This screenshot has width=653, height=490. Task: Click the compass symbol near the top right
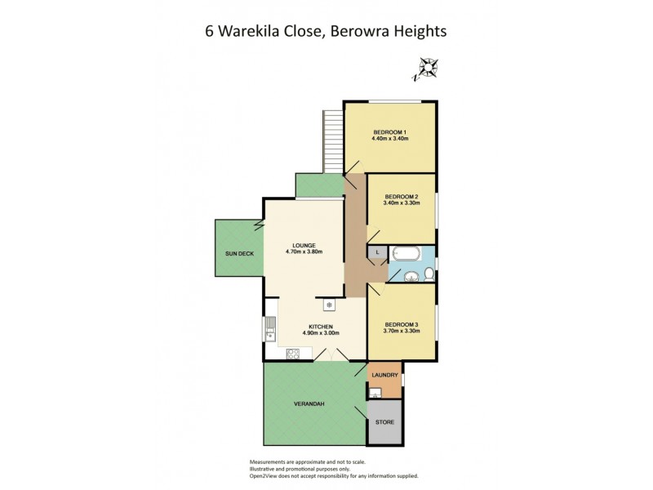tap(427, 69)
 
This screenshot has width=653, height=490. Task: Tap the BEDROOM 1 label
tap(389, 132)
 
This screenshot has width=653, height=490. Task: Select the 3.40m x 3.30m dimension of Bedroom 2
tap(402, 203)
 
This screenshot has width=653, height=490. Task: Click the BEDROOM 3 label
tap(402, 324)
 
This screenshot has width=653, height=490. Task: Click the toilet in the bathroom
tap(429, 274)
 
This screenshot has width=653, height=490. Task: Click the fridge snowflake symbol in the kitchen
tap(330, 305)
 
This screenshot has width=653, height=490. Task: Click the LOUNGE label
tap(304, 245)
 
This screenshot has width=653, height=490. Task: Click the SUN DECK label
tap(239, 254)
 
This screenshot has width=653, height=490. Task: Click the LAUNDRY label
tap(384, 375)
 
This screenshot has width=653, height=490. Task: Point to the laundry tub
tap(375, 393)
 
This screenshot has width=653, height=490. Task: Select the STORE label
tap(384, 422)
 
